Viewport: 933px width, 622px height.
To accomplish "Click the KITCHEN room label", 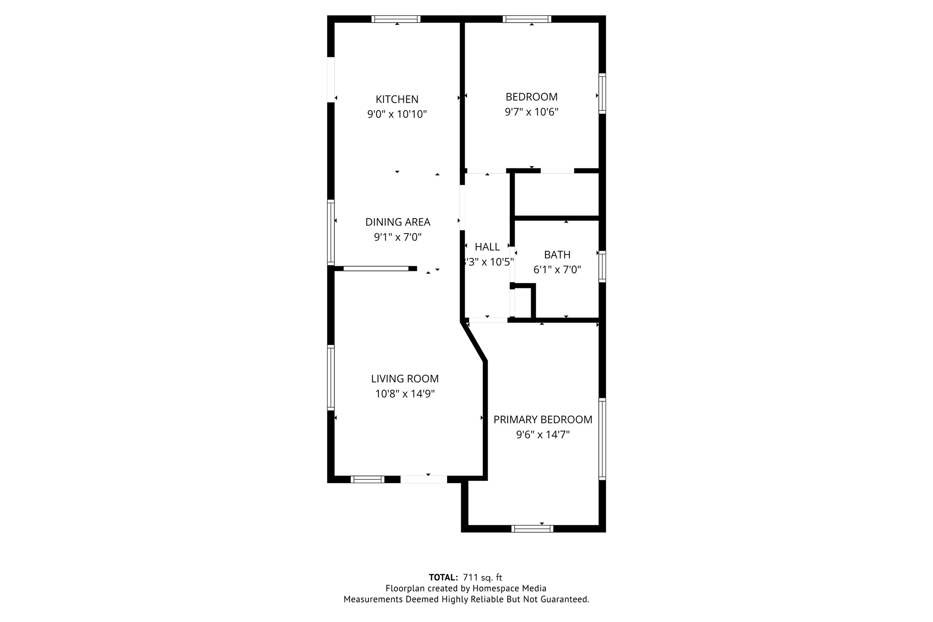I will tap(397, 99).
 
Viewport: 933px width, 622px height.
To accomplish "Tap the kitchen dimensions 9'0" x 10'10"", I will tap(397, 114).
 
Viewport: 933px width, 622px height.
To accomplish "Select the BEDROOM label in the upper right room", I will tap(531, 97).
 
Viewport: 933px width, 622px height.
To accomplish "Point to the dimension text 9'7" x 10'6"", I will tap(531, 112).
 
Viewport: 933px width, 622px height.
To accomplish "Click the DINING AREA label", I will tap(398, 222).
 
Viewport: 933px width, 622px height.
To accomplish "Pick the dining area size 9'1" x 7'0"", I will tap(398, 237).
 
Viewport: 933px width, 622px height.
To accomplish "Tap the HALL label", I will tap(487, 247).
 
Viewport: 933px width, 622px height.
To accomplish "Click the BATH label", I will tap(557, 255).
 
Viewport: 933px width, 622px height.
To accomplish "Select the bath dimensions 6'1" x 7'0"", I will tap(557, 270).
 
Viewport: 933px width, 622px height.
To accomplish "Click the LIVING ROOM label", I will tap(405, 379).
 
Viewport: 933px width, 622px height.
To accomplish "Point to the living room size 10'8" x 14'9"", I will tap(405, 394).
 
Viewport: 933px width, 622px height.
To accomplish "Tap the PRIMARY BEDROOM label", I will tap(543, 420).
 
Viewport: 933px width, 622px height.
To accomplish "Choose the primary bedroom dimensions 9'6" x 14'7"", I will tap(543, 435).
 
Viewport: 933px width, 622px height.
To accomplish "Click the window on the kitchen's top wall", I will tap(396, 19).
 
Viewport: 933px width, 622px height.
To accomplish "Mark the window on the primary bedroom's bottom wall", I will tap(532, 529).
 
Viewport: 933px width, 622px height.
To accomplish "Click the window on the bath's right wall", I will tap(602, 266).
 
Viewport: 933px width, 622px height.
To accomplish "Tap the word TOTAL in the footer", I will tap(443, 578).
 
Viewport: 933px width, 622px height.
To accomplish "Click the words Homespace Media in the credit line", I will tap(509, 588).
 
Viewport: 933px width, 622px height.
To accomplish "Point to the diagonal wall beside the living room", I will tap(474, 341).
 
